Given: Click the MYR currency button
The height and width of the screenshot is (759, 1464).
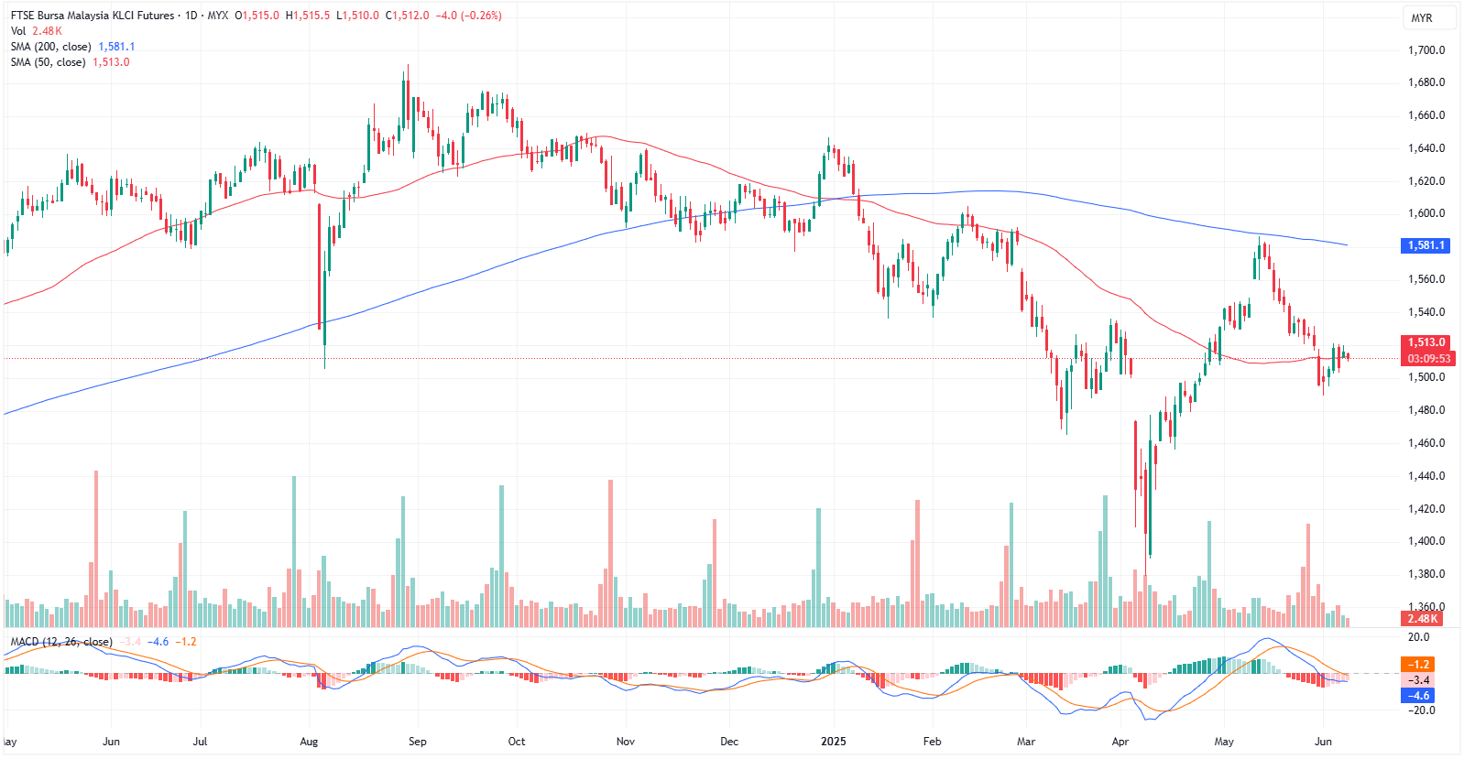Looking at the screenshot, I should coord(1421,18).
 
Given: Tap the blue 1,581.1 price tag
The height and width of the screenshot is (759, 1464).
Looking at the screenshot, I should coord(1426,245).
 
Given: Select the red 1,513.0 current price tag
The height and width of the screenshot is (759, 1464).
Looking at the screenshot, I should coord(1426,342).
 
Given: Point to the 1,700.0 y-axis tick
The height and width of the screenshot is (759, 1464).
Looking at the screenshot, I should coord(1426,50).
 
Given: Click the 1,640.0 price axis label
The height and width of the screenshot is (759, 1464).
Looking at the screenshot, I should coord(1426,148).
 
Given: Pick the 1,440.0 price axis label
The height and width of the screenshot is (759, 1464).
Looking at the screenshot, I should coord(1426,476).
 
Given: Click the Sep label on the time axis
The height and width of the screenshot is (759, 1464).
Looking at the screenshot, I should coord(417,742).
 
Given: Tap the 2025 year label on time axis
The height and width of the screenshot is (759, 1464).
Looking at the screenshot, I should coord(834,742).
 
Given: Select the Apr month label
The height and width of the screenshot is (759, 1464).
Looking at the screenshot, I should coord(1120,742).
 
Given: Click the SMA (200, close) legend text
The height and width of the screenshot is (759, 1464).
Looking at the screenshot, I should coord(50,47).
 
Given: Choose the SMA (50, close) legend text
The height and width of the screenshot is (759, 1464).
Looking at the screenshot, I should coord(48,62).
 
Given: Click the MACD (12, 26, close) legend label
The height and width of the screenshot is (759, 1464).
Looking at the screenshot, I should coord(61,642).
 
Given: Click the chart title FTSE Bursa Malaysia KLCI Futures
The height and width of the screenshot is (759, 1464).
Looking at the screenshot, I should coord(92,16).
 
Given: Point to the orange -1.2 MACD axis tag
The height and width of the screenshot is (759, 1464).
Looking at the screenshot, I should coord(1418,665).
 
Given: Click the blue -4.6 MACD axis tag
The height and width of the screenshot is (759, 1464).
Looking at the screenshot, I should coord(1418,696).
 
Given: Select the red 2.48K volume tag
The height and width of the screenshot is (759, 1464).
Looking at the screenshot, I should coord(1423,619).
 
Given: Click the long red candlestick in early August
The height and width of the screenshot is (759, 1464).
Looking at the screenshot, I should coord(320,266).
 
